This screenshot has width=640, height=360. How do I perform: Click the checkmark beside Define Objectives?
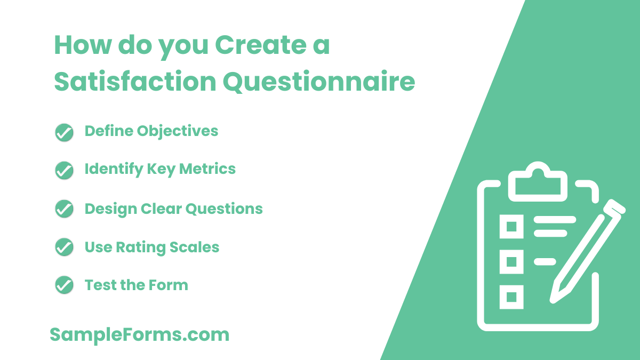pyautogui.click(x=64, y=132)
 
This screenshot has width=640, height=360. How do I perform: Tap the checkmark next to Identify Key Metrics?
pyautogui.click(x=64, y=170)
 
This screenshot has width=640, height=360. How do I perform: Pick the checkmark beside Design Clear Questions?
pyautogui.click(x=64, y=209)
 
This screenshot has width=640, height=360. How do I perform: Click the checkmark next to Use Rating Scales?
pyautogui.click(x=64, y=247)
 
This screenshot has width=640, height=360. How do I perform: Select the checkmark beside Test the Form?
pyautogui.click(x=64, y=285)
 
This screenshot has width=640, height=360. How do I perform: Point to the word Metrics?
pyautogui.click(x=207, y=169)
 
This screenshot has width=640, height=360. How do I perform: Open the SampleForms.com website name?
pyautogui.click(x=140, y=335)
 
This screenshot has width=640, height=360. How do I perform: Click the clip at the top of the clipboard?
pyautogui.click(x=538, y=181)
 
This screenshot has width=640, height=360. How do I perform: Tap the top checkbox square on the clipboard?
pyautogui.click(x=511, y=226)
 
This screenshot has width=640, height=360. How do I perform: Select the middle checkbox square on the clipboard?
pyautogui.click(x=511, y=261)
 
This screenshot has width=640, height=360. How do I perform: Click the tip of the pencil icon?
pyautogui.click(x=554, y=299)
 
